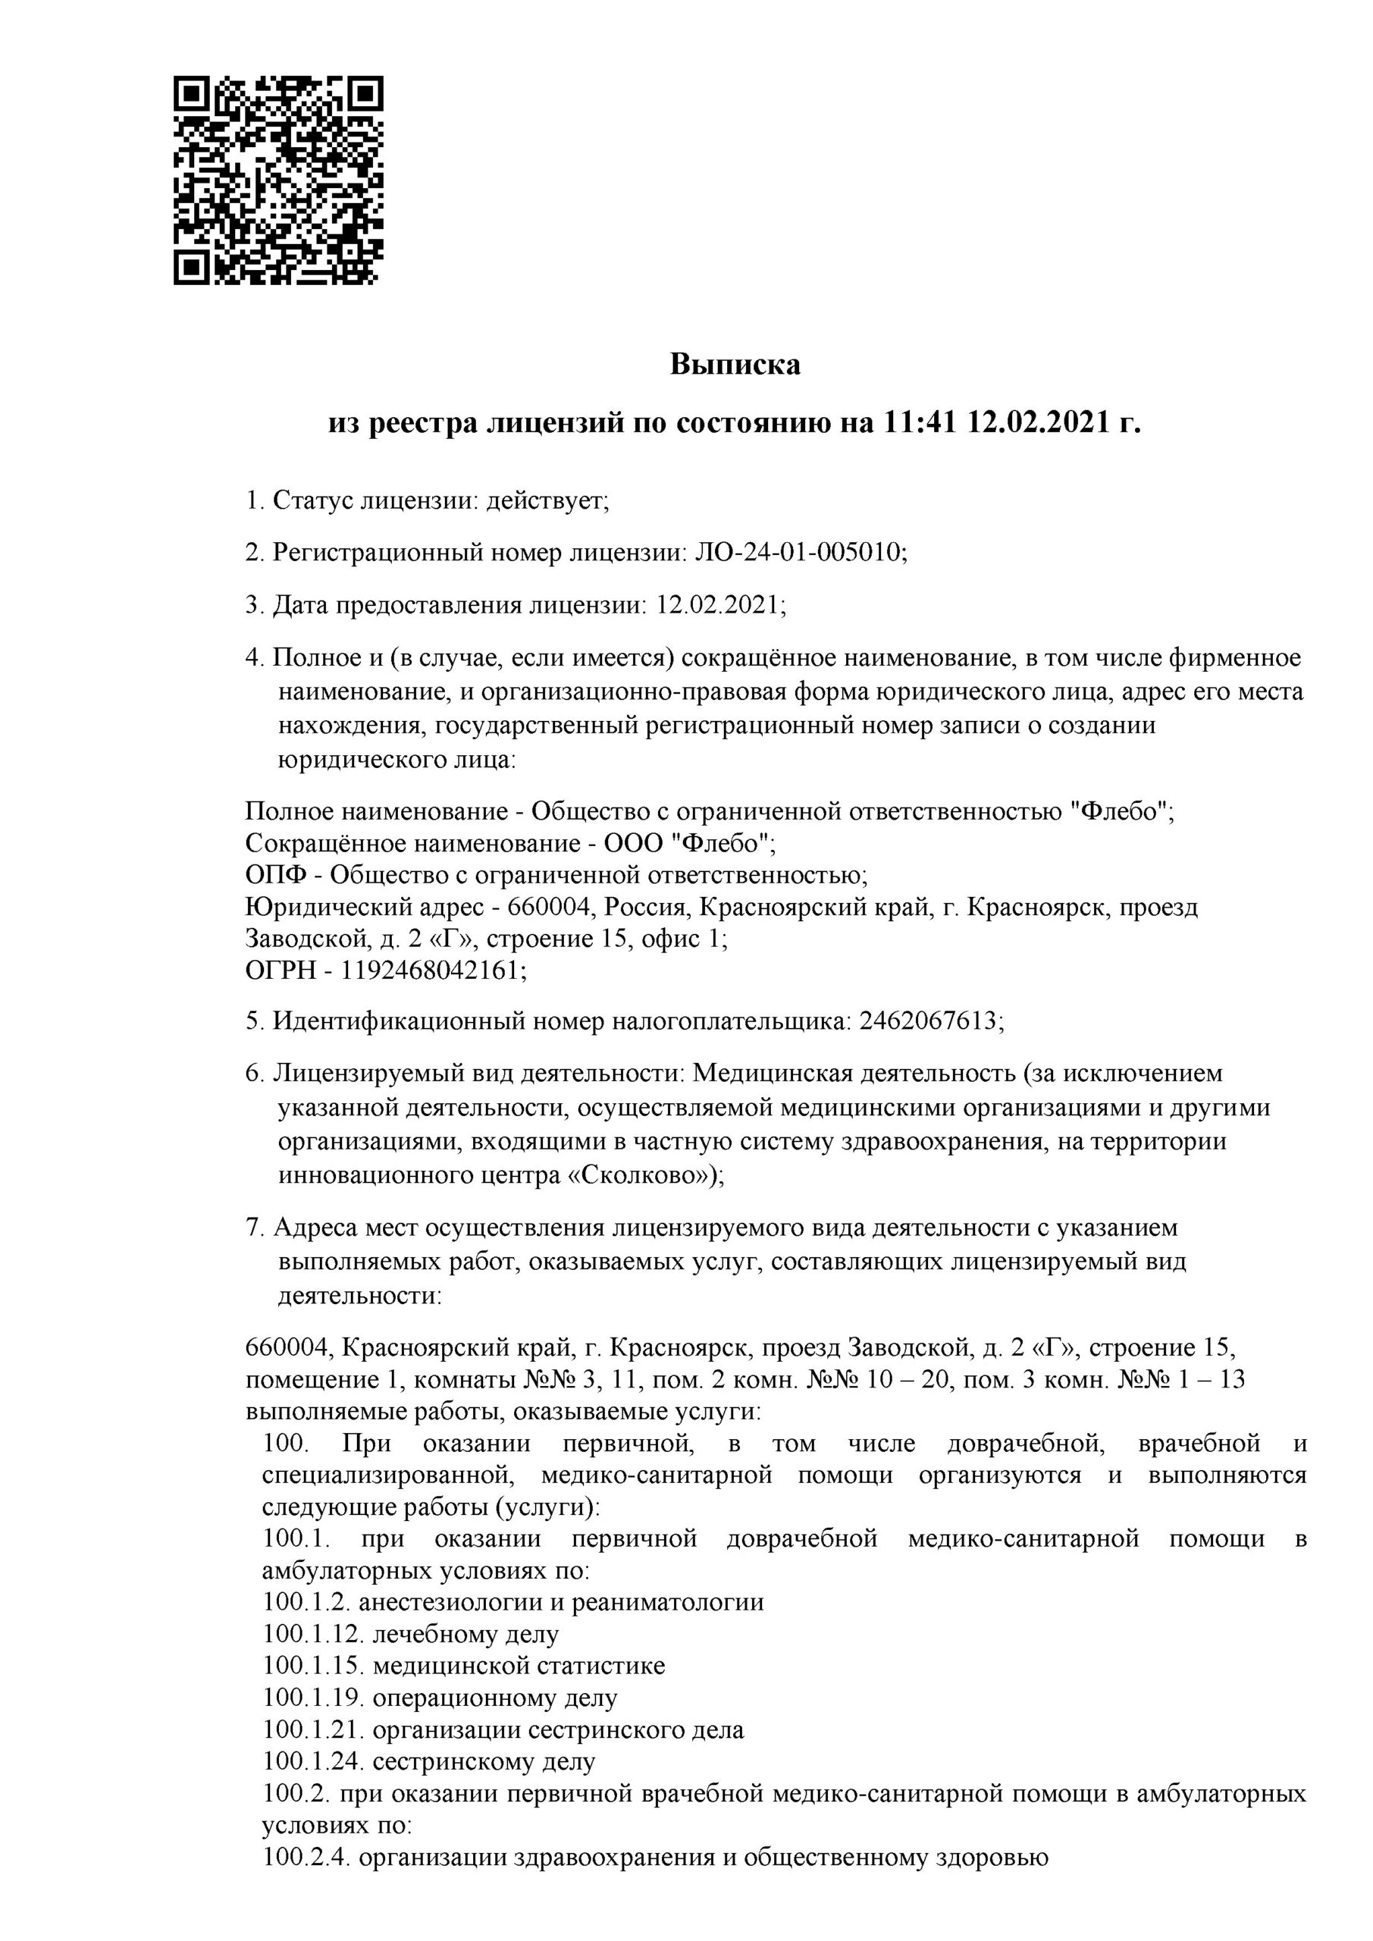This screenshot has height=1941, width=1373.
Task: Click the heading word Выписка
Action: (735, 365)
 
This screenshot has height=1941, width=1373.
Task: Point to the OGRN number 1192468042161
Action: (431, 970)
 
